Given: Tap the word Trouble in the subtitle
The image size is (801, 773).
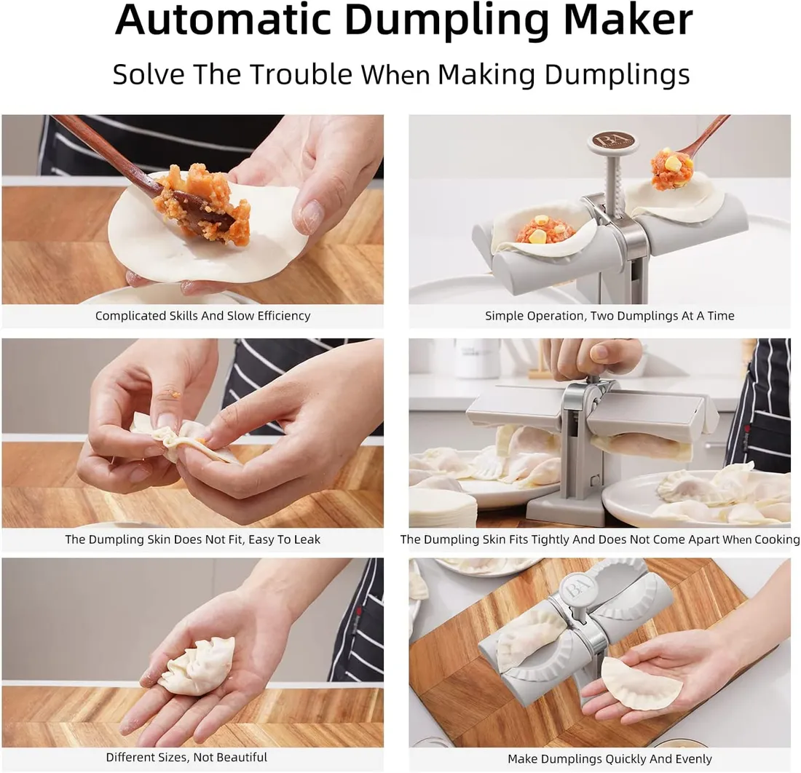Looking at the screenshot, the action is click(x=301, y=74).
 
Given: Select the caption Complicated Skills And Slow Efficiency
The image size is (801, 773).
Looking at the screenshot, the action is click(x=203, y=316).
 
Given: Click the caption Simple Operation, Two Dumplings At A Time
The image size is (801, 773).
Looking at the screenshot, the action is click(x=609, y=316).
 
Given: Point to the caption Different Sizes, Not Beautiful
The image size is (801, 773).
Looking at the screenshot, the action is click(x=186, y=757).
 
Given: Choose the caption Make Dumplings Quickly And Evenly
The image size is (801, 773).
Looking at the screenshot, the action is click(x=609, y=759).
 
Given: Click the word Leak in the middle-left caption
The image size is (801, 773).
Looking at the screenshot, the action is click(x=307, y=539).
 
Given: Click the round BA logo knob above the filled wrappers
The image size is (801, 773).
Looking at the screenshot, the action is click(x=613, y=143).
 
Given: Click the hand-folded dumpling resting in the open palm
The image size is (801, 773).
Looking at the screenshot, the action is click(x=197, y=665).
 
